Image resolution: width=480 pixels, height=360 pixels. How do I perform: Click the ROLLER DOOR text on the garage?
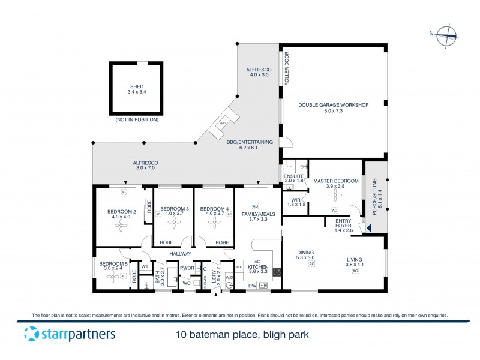[x=287, y=70]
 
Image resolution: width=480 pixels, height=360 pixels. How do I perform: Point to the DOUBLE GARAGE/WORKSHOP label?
[x=333, y=105]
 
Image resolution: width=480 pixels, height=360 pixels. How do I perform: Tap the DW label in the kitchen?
[x=251, y=286]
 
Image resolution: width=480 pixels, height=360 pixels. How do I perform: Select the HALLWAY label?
[x=179, y=254]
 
